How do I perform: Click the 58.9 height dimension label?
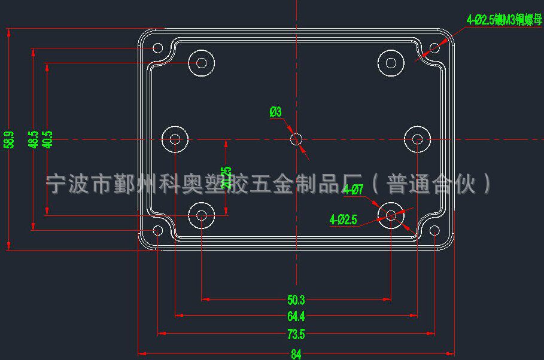pos(8,140)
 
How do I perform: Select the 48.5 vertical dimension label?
pos(34,140)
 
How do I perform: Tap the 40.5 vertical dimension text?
pos(48,139)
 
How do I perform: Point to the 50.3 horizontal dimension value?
pos(296,300)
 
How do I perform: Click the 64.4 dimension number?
pos(296,316)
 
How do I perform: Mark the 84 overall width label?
pos(296,354)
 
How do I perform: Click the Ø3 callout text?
pos(275,112)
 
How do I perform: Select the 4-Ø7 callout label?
pos(353,191)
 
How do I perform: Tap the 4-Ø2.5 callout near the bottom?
pos(343,220)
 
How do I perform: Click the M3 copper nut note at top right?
pos(504,20)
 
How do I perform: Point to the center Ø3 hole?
pos(296,139)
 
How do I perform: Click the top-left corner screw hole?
pos(158,48)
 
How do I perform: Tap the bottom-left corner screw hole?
pos(158,231)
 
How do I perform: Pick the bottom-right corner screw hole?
pos(434,231)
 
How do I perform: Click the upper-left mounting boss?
pos(202,62)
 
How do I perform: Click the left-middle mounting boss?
pos(175,139)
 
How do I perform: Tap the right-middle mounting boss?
pos(417,139)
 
